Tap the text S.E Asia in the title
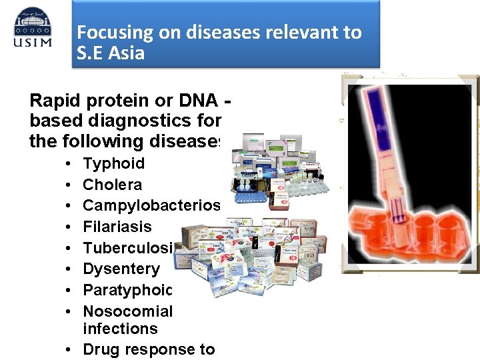(111, 53)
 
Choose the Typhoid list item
(113, 163)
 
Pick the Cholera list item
(112, 185)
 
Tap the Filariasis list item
(117, 227)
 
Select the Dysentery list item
(121, 269)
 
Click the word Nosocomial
(127, 311)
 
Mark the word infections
(120, 329)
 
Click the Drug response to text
(148, 349)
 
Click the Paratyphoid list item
(127, 290)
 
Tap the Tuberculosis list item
(127, 248)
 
